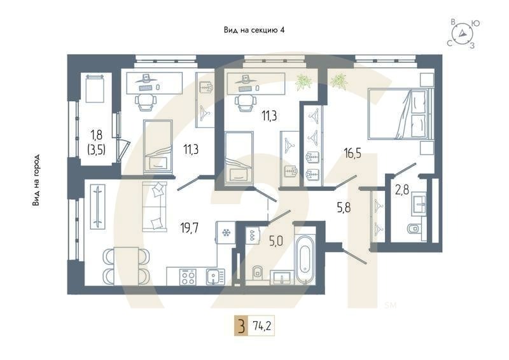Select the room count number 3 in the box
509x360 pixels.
pos(241,328)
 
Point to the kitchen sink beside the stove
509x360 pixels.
pos(213,276)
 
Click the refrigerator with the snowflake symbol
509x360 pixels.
pos(225,233)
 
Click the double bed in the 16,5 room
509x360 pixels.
pos(398,113)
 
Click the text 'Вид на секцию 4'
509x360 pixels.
pos(254,30)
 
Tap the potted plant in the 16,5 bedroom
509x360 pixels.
pos(338,81)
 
